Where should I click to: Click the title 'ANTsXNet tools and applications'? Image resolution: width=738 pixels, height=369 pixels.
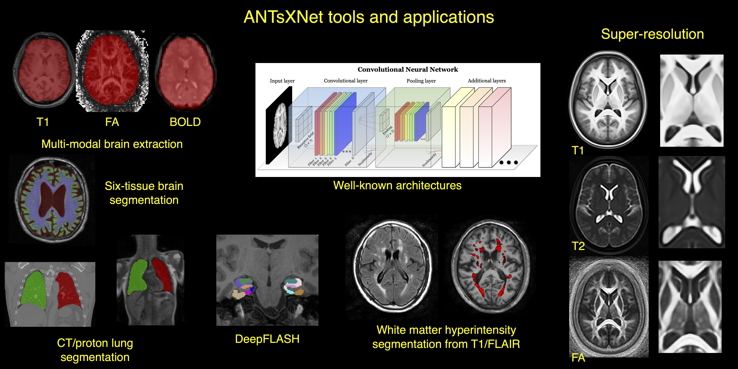[369, 17]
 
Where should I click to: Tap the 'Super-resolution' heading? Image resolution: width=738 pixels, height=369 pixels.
[652, 34]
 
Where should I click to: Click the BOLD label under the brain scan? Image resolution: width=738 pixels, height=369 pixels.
[185, 122]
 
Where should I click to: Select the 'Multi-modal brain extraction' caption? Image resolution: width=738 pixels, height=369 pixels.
[112, 144]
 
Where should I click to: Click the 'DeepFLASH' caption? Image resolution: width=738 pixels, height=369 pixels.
[267, 339]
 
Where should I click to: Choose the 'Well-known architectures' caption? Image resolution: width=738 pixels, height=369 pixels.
[397, 185]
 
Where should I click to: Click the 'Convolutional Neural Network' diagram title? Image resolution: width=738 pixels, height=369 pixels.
[408, 69]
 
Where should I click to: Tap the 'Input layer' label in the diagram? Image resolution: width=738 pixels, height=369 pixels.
[282, 81]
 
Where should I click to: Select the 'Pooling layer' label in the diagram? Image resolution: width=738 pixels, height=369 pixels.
[421, 81]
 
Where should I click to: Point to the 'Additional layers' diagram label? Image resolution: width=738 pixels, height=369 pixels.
[487, 81]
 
